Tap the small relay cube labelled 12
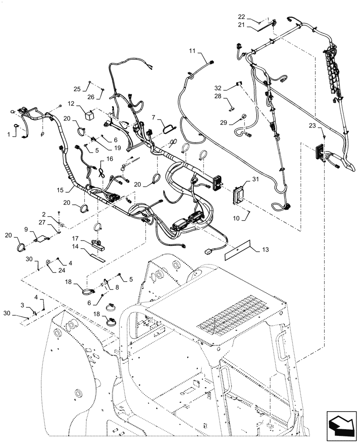coord(90,114)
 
